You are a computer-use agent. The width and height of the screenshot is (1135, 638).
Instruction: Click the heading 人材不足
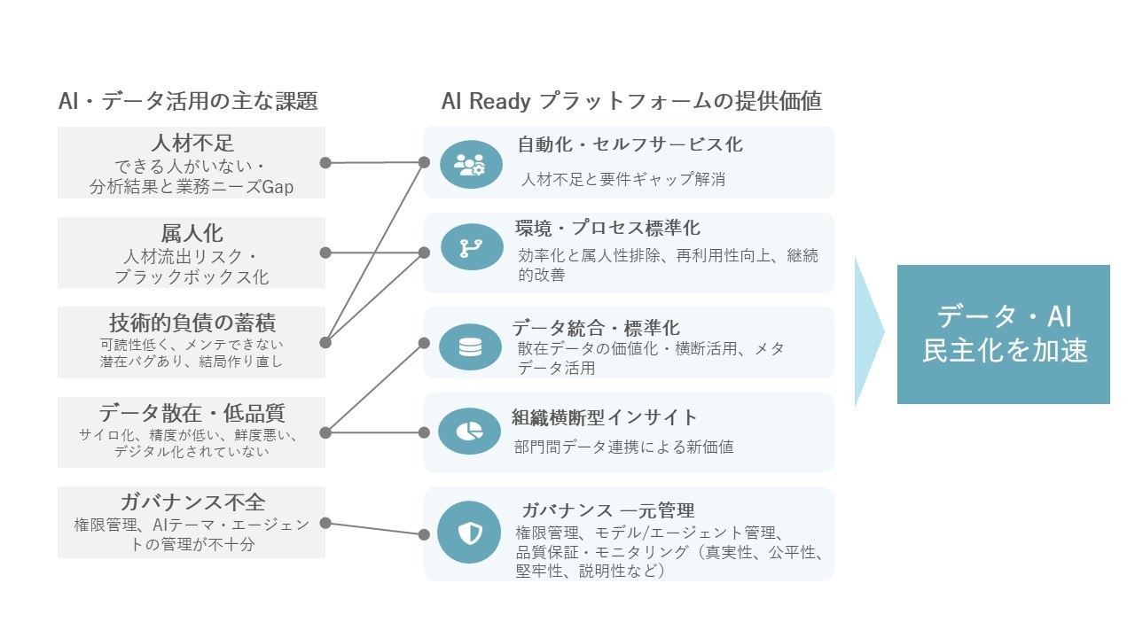[x=192, y=144]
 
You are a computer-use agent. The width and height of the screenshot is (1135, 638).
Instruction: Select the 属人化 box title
[x=192, y=234]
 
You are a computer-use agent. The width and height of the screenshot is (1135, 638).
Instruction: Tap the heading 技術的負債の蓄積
[x=192, y=322]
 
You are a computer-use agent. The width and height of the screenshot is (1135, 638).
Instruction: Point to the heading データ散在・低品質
[x=192, y=413]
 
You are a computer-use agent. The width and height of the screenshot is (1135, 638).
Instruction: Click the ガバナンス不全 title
[x=192, y=502]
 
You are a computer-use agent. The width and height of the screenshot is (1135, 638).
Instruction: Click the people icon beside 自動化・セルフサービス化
[x=471, y=164]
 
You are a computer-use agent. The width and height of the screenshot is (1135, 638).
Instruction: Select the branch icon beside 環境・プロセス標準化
[x=471, y=247]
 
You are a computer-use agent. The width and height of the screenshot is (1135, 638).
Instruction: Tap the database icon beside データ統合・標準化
[x=470, y=346]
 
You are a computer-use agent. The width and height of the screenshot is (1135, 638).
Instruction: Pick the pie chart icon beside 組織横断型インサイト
[x=470, y=431]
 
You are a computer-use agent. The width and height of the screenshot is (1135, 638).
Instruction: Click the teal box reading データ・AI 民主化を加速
[x=1003, y=334]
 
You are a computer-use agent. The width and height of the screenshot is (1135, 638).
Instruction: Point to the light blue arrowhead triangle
[x=868, y=332]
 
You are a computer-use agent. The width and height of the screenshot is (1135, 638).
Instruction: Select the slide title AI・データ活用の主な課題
[x=187, y=102]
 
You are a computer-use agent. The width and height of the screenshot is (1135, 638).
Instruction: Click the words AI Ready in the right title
[x=486, y=102]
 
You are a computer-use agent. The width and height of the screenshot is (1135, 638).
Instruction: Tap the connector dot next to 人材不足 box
[x=325, y=163]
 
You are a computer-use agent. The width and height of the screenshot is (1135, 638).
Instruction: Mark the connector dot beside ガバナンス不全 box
[x=325, y=523]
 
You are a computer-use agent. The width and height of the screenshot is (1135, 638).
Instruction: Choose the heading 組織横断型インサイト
[x=605, y=417]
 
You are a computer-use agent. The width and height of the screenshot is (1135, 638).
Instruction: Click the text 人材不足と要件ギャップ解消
[x=623, y=179]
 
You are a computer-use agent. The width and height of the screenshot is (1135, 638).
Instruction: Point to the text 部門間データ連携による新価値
[x=624, y=447]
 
